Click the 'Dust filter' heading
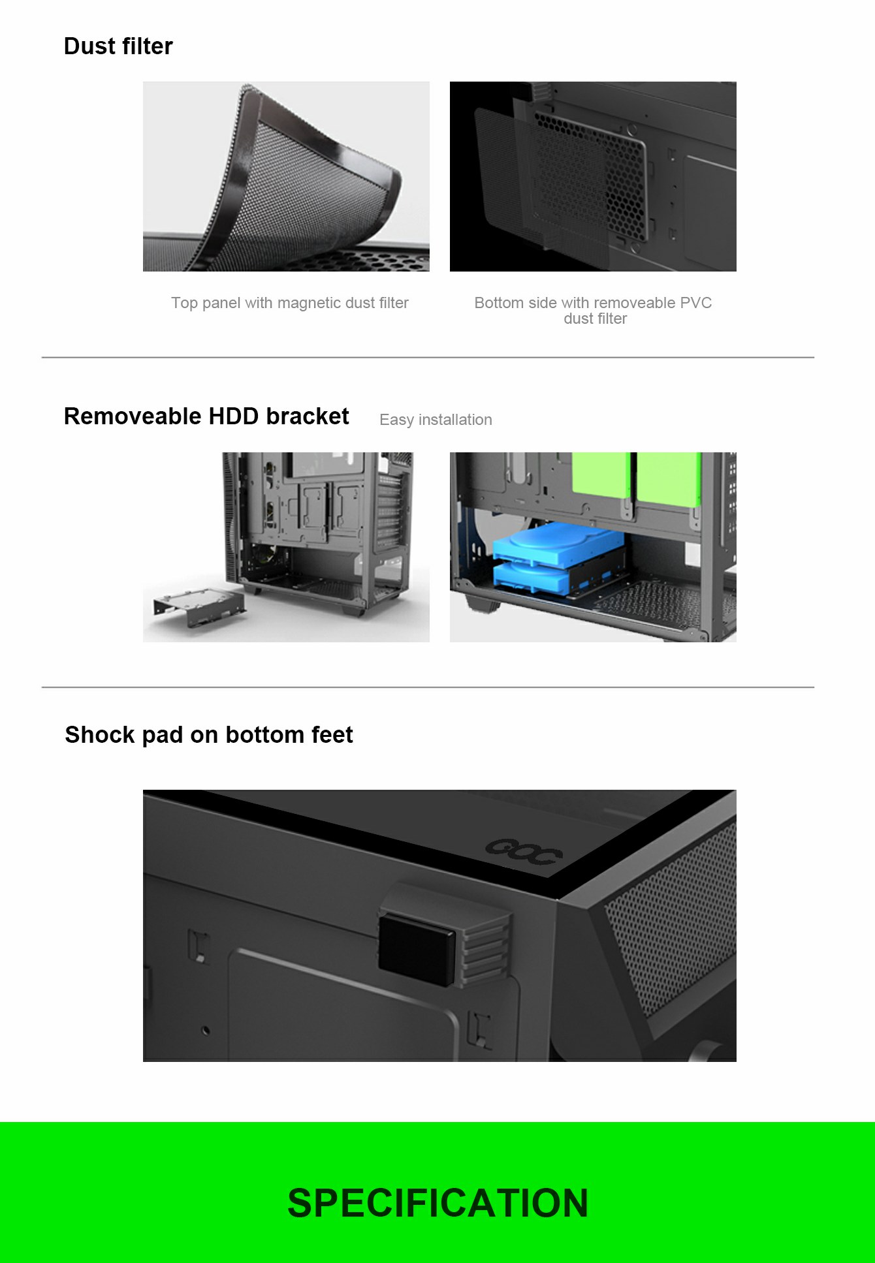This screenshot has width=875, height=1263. click(118, 46)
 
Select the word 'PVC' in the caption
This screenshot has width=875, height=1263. click(695, 303)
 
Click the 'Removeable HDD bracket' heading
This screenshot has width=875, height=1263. click(206, 416)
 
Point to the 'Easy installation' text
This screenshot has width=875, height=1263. click(436, 420)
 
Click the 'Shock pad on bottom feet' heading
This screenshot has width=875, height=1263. click(209, 735)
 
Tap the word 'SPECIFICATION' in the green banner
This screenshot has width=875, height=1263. click(438, 1203)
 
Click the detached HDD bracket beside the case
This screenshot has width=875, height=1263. click(199, 607)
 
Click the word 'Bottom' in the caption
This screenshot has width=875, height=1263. click(499, 303)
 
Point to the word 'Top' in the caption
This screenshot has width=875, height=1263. click(183, 303)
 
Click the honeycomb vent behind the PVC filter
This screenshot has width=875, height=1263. click(620, 176)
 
